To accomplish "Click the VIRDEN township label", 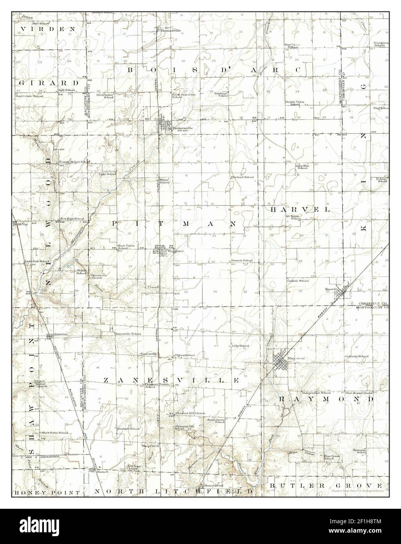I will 48,29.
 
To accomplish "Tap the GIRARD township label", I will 49,83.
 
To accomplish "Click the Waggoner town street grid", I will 160,249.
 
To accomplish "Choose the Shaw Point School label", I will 55,433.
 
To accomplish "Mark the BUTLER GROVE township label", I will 329,485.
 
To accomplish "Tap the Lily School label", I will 241,346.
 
